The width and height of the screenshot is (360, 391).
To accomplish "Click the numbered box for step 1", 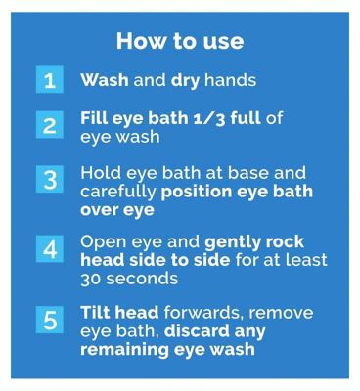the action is (x=50, y=79).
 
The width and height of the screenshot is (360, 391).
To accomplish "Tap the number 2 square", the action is (x=50, y=125).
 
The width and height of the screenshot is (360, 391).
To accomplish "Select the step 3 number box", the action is (x=50, y=179).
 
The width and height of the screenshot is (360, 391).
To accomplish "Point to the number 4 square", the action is (x=50, y=249).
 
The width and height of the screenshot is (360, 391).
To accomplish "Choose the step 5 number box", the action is (x=50, y=320).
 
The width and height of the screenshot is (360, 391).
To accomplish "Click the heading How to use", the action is (x=180, y=41).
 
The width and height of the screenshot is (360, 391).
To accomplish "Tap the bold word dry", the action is (x=185, y=81).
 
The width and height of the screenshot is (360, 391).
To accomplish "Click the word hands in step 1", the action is (x=230, y=80).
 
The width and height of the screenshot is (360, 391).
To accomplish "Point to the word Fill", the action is (x=94, y=118).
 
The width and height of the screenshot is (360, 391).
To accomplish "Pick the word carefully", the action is (x=118, y=193).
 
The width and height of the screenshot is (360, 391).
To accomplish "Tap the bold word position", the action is (x=197, y=193).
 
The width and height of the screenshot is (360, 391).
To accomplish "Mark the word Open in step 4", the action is (x=101, y=242).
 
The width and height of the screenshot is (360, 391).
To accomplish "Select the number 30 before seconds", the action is (x=91, y=280).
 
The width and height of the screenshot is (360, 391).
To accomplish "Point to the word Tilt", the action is (x=95, y=312).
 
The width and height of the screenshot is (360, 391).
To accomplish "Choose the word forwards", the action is (x=203, y=312).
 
